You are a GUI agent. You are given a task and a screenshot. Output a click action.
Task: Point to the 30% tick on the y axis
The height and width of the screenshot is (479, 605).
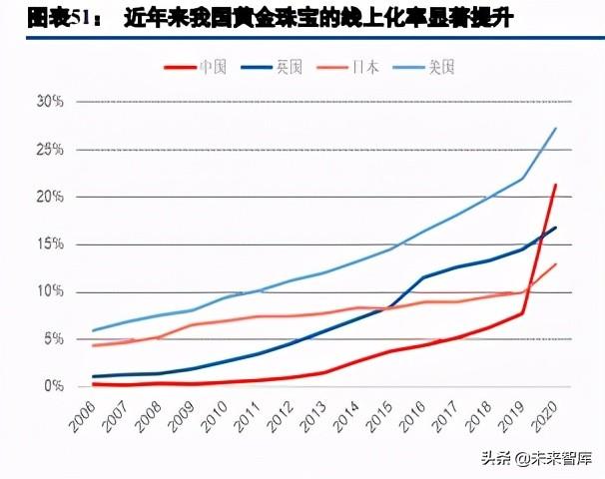coord(49,102)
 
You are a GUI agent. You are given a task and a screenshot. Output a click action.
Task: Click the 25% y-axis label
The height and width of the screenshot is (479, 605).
coord(49,150)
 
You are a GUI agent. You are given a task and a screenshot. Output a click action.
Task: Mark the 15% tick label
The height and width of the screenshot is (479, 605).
coord(49,244)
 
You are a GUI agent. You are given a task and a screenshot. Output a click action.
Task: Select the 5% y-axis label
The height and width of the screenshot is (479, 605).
coord(52,339)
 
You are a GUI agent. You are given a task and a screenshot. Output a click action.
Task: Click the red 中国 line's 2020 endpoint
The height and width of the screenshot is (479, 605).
coord(555,186)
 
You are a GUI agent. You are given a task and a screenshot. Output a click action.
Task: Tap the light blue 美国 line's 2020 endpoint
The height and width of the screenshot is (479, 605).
coord(555,129)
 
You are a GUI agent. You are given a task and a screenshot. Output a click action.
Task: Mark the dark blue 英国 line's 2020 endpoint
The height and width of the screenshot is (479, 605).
coord(555,229)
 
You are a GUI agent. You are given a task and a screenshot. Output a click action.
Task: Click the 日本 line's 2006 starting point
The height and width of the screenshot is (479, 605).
coord(93,345)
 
